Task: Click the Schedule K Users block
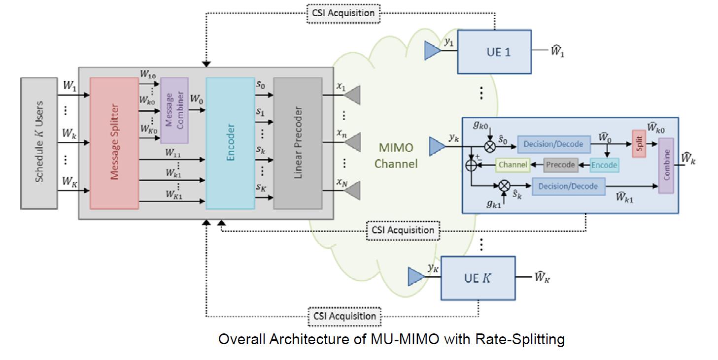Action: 39,142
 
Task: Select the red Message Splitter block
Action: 114,143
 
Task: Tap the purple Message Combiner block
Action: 174,110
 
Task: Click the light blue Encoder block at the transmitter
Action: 230,143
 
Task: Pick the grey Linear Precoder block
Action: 298,143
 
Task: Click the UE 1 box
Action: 494,52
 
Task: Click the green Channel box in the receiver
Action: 513,165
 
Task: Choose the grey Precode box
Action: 560,165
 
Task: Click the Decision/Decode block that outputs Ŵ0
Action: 553,144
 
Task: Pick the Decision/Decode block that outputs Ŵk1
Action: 568,186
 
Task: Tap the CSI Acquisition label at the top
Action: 343,13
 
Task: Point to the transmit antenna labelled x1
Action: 353,95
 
